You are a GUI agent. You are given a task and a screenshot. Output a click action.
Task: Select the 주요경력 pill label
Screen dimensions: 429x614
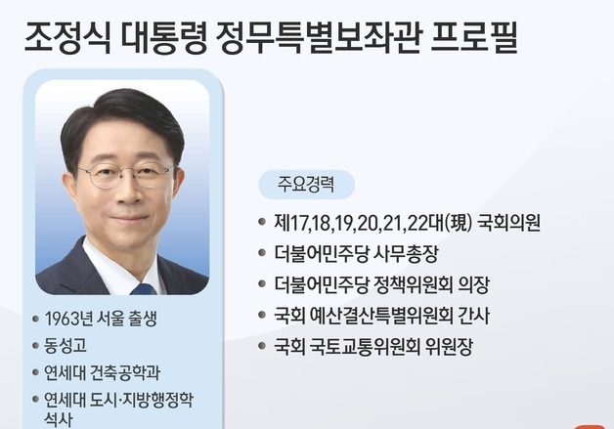tap(305, 185)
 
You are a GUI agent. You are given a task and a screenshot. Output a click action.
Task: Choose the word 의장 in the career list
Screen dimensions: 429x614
tap(470, 285)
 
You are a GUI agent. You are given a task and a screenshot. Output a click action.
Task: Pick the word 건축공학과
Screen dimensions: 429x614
tap(124, 372)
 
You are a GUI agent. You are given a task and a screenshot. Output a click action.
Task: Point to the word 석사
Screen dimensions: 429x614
tap(60, 417)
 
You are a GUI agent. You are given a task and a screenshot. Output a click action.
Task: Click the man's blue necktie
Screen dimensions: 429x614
tap(143, 286)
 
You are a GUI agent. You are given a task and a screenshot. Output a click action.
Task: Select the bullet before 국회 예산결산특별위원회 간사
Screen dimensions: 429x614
tap(262, 317)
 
